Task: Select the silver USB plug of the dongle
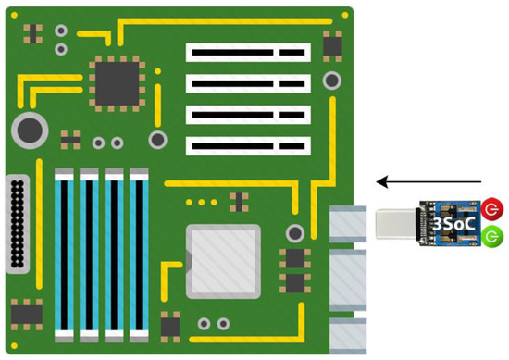pyautogui.click(x=396, y=223)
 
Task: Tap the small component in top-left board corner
pyautogui.click(x=33, y=33)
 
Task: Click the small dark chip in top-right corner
pyautogui.click(x=331, y=44)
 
